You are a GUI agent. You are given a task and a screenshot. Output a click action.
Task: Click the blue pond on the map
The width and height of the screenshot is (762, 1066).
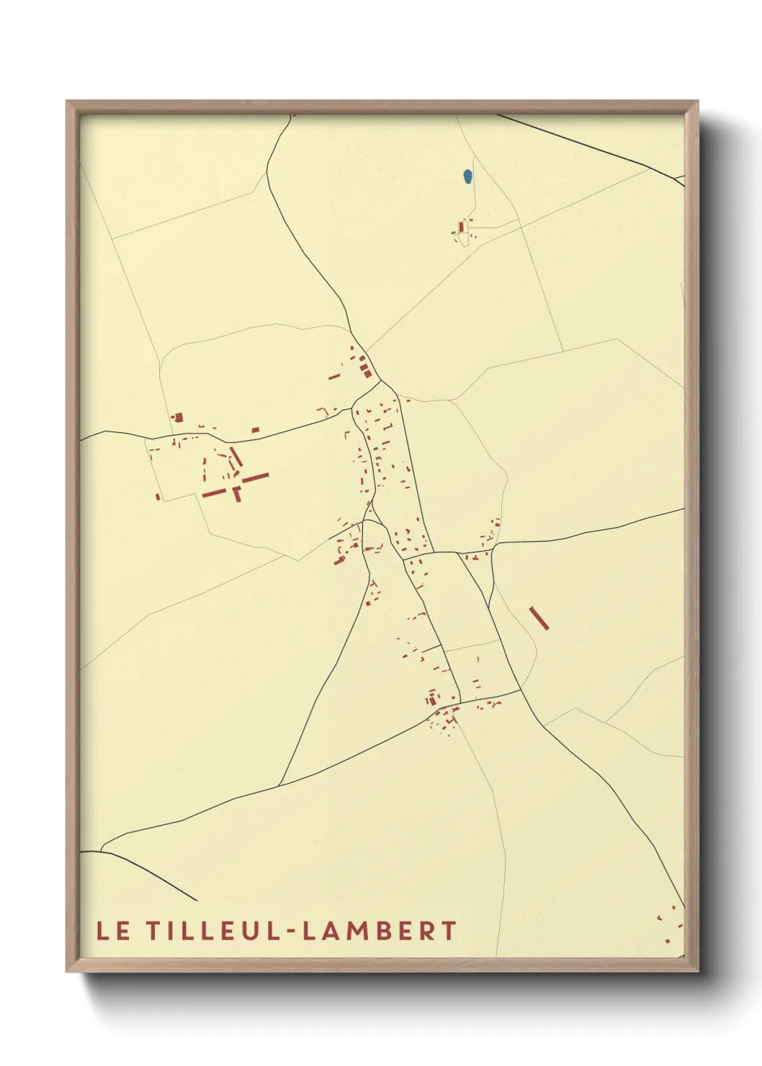[x=467, y=176]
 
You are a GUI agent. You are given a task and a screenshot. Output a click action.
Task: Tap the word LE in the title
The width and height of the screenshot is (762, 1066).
[x=113, y=931]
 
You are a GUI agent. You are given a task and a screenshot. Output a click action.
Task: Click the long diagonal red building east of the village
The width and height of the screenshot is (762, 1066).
[x=539, y=617]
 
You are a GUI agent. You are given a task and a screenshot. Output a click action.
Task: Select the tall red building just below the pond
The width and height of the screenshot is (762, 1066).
[x=461, y=227]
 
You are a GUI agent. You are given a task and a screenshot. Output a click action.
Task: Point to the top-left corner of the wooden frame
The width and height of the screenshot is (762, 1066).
[x=67, y=102]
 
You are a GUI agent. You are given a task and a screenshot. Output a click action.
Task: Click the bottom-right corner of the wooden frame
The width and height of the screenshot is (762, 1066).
[x=697, y=970]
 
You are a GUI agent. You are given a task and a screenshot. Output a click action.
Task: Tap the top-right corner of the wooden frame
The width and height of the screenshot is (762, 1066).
[x=697, y=102]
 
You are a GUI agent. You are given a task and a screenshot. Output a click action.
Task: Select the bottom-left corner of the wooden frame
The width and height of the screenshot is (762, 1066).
[x=67, y=970]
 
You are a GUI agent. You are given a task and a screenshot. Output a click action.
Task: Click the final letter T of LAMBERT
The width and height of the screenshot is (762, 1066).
[x=449, y=931]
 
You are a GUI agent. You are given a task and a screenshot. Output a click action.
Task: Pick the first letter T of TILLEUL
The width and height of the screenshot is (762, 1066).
[x=153, y=931]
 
